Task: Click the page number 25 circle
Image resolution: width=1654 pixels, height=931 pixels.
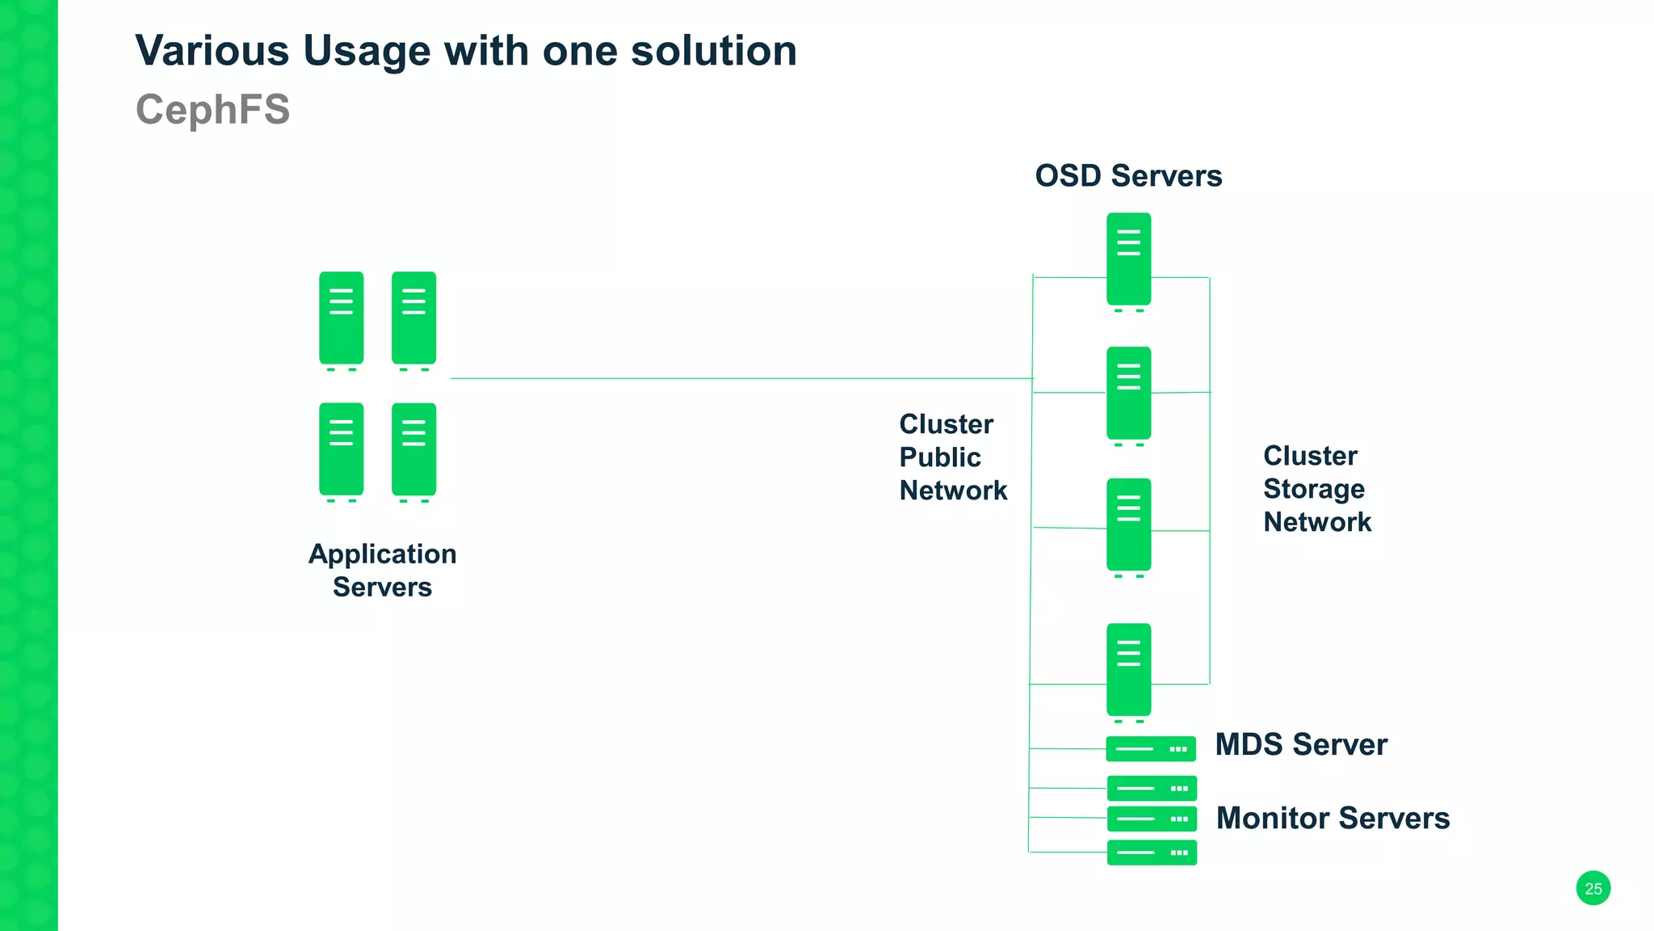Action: pos(1593,888)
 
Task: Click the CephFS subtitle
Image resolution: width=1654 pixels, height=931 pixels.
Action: pos(212,109)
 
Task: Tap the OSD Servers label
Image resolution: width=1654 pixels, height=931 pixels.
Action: pos(1128,176)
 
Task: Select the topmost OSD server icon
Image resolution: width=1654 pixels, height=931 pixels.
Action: pos(1128,259)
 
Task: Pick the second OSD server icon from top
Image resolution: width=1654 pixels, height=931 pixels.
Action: pos(1128,394)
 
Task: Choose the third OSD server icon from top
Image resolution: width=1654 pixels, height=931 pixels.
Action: pos(1128,525)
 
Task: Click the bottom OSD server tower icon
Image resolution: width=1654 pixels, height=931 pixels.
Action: pos(1128,670)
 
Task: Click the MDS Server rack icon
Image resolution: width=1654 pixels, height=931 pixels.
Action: pos(1150,749)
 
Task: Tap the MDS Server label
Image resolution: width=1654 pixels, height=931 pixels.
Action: pos(1301,744)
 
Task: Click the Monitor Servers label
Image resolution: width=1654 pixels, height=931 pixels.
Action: pos(1333,818)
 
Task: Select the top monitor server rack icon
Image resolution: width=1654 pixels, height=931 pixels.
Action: pos(1152,788)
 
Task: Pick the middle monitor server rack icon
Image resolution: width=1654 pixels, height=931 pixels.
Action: pos(1152,819)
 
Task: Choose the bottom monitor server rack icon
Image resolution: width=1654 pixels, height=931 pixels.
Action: pos(1152,853)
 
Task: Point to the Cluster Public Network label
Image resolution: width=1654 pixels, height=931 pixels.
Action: pos(953,457)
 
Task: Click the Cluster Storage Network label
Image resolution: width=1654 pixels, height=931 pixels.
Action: pos(1316,489)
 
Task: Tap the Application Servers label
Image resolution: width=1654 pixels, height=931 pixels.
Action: pos(382,571)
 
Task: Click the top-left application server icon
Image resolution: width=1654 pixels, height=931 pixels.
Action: pos(341,318)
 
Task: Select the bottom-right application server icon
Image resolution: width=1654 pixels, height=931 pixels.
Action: pos(413,449)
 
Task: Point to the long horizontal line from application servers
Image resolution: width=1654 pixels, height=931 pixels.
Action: pos(727,378)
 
